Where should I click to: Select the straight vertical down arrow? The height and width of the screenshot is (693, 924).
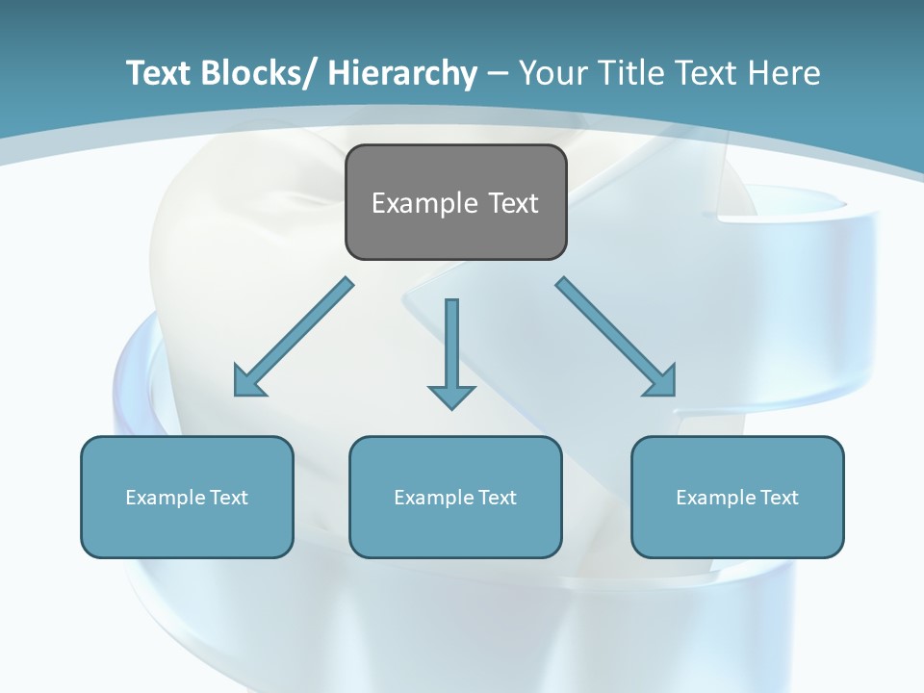451,346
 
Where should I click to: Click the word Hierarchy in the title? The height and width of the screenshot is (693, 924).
402,73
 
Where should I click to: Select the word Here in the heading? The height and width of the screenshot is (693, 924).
783,73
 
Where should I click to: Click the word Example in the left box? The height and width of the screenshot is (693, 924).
166,498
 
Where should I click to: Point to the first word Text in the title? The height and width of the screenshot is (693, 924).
157,73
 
